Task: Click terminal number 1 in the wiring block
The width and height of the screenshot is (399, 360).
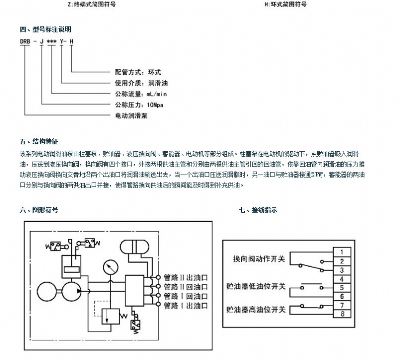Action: pyautogui.click(x=341, y=251)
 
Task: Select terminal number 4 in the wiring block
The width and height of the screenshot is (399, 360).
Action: pyautogui.click(x=341, y=279)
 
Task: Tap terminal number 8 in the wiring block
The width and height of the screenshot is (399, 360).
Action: pyautogui.click(x=341, y=314)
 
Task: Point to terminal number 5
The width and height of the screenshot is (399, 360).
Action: pyautogui.click(x=341, y=288)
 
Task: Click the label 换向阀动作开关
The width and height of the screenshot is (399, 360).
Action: pyautogui.click(x=259, y=260)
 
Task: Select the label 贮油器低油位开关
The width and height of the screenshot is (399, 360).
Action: pyautogui.click(x=256, y=287)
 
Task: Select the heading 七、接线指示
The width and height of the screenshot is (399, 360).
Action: pyautogui.click(x=258, y=210)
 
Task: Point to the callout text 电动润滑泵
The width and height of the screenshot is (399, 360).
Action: pyautogui.click(x=128, y=115)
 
